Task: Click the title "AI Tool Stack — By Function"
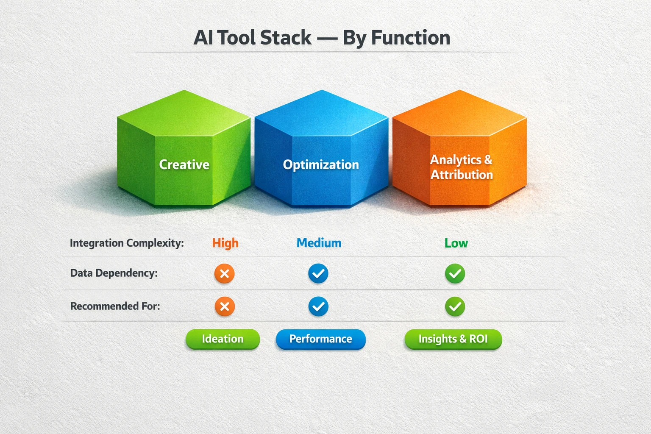(x=322, y=38)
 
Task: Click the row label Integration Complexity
(x=127, y=243)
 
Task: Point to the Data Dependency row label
(x=114, y=273)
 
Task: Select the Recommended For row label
(x=115, y=306)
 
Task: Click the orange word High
(x=225, y=243)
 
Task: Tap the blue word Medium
(x=319, y=243)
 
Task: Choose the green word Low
(x=456, y=243)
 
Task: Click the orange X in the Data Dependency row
(x=225, y=274)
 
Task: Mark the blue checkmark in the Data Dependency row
(x=318, y=274)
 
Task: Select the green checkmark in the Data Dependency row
(x=455, y=274)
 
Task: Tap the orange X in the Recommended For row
(x=225, y=306)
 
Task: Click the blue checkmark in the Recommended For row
(x=318, y=306)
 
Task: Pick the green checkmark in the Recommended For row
(x=455, y=306)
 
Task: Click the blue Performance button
(x=320, y=339)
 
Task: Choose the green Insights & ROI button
(x=453, y=339)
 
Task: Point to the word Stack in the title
(x=286, y=38)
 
